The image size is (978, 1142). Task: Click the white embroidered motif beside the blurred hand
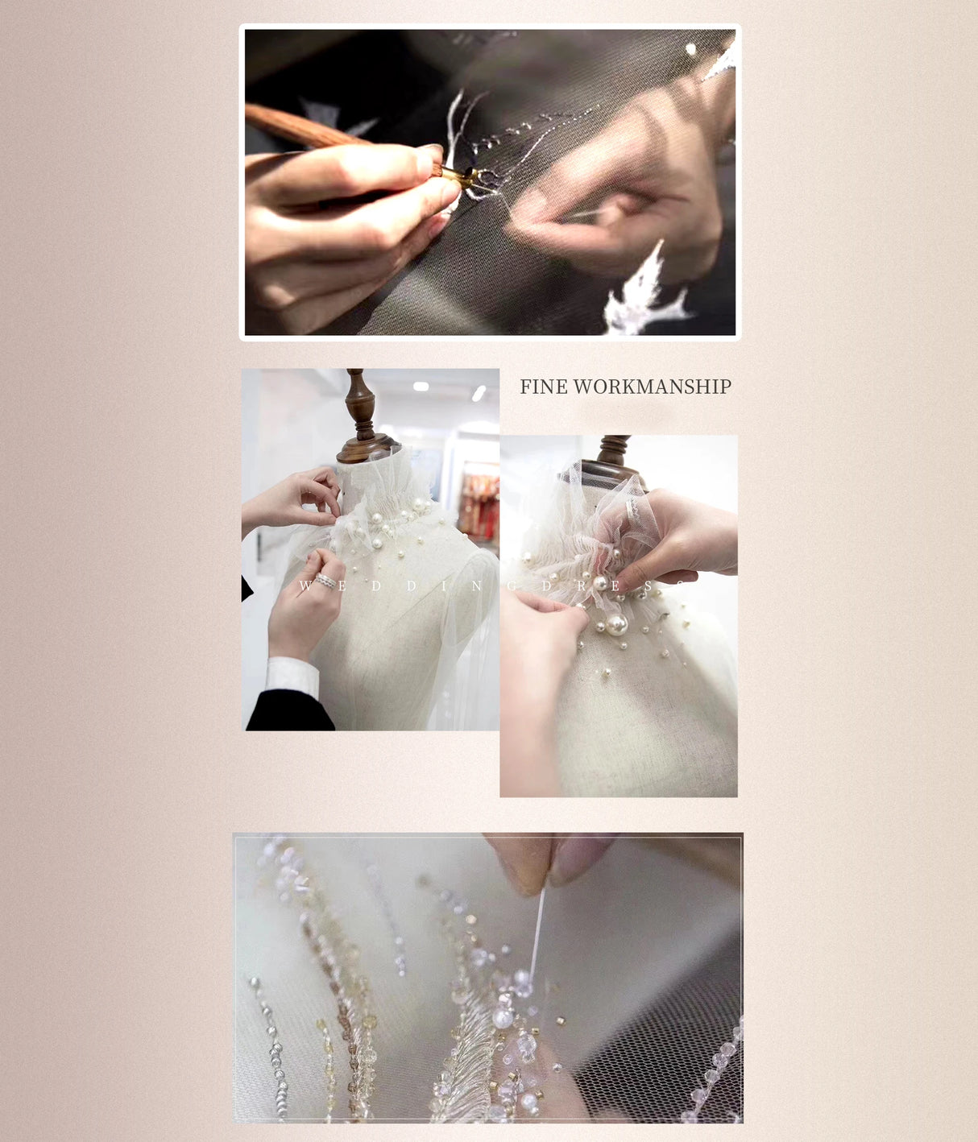coord(649,294)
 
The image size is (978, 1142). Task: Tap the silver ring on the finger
coord(326,581)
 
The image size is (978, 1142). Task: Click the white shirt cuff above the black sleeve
coord(292,675)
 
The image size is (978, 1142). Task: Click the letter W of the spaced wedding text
coord(305,586)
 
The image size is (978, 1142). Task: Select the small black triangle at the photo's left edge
coord(247,589)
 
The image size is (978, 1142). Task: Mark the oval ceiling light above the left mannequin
coord(421,387)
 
